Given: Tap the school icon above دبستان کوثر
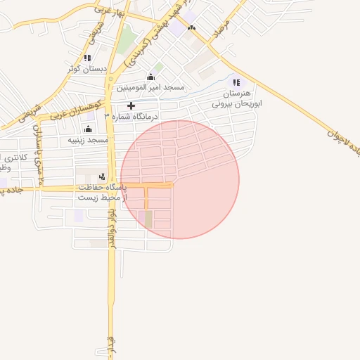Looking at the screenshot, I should tap(87, 58).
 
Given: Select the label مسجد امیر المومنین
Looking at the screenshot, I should tap(150, 88).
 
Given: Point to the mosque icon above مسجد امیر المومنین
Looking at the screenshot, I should tap(150, 77).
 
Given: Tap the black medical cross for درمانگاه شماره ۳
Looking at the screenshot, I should tap(131, 105).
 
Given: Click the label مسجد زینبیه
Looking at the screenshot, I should tap(88, 140).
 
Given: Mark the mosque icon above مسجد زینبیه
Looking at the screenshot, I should tap(88, 129).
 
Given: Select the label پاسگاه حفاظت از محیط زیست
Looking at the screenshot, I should tap(101, 193).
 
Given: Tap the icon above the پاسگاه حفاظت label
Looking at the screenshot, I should tap(103, 176).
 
